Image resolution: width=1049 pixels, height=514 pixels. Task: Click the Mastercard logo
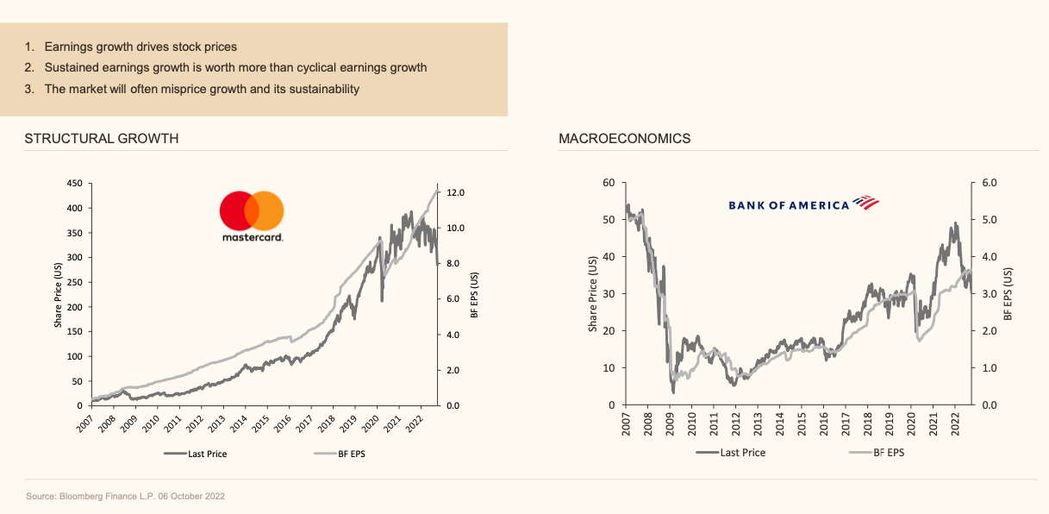[252, 216]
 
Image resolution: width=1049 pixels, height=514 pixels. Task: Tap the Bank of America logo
[802, 204]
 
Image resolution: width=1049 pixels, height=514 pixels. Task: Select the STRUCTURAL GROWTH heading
[102, 138]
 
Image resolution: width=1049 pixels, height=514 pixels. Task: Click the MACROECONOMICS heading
[624, 138]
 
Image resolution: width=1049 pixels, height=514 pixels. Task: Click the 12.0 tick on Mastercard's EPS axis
[456, 192]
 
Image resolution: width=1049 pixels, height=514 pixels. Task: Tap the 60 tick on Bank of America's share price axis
[609, 183]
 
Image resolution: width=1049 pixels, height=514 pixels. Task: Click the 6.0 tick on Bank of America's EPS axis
[990, 183]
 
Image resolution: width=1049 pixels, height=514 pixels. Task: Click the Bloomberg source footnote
[126, 497]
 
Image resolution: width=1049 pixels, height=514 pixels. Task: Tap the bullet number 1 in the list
[28, 46]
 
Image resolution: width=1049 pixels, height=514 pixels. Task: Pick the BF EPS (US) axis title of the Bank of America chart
[1007, 294]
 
